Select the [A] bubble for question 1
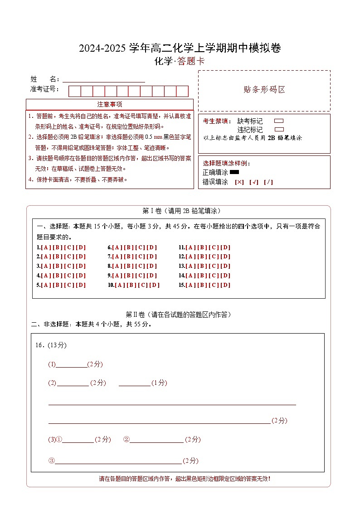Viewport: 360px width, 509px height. [46, 247]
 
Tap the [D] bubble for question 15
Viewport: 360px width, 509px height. [225, 285]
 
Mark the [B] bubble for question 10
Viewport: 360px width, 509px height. [131, 285]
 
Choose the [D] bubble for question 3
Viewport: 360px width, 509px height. [81, 266]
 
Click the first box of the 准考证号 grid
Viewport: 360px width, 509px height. [74, 91]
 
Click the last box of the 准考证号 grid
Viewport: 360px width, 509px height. [182, 91]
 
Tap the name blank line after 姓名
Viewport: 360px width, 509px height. [104, 79]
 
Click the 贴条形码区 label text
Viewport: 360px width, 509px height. [264, 90]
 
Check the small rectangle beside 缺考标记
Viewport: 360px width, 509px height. [279, 121]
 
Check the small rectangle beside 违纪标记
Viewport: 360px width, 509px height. [279, 130]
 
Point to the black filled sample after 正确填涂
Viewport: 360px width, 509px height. [234, 172]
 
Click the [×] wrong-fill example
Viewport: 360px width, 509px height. [239, 182]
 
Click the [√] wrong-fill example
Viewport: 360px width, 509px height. [254, 182]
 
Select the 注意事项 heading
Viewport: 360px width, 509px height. [110, 104]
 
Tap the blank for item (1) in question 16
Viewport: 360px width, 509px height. [71, 364]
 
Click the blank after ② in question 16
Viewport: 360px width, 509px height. [156, 440]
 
